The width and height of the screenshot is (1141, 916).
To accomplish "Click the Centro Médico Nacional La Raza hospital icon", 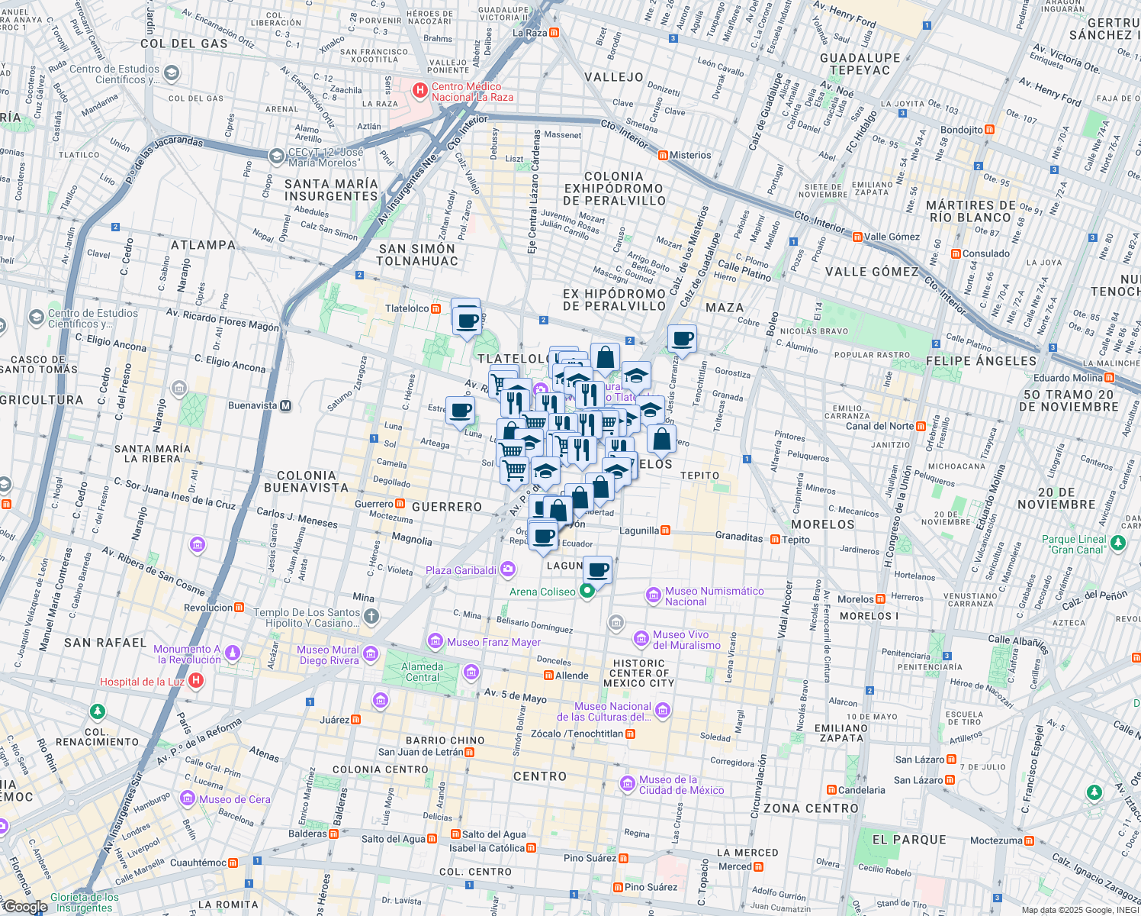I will click(x=419, y=91).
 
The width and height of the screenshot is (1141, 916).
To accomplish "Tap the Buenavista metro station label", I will click(x=252, y=405).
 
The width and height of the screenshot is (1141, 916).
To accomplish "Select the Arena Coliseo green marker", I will click(x=587, y=592).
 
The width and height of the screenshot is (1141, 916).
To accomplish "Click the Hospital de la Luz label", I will click(x=142, y=682).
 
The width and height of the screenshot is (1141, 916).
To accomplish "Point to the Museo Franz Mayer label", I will click(x=493, y=642).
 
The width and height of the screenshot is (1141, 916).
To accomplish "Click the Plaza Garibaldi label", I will click(x=461, y=570).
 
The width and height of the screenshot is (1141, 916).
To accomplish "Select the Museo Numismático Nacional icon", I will click(x=653, y=595).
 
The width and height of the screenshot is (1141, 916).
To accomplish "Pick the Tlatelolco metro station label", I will click(x=407, y=308).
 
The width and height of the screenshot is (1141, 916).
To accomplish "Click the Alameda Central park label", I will click(x=422, y=672).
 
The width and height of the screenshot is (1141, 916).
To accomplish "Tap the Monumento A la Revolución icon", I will click(x=233, y=653).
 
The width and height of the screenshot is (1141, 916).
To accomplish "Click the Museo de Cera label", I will click(x=234, y=799).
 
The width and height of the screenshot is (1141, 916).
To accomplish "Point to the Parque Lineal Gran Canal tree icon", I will click(x=1117, y=543).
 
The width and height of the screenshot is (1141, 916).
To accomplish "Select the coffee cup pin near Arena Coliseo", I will click(x=599, y=569).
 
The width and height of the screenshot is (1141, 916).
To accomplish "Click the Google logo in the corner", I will click(x=24, y=907).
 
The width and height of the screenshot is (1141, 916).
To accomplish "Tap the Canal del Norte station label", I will click(x=879, y=426).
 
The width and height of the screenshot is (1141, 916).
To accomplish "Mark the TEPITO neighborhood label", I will click(x=699, y=476).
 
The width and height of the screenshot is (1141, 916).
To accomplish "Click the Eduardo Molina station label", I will click(x=1068, y=378).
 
